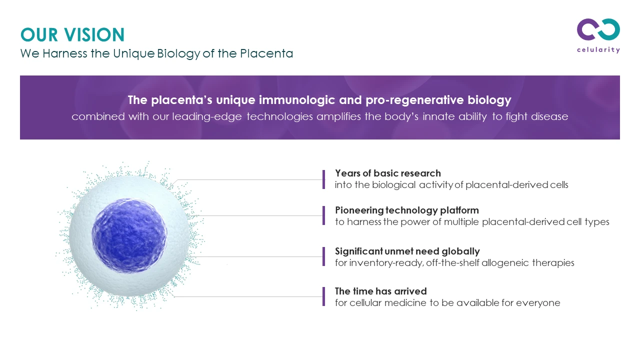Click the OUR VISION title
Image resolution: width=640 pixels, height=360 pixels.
(x=72, y=35)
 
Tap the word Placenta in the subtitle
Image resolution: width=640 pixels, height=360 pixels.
(x=266, y=53)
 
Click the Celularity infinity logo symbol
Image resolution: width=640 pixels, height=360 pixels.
(x=598, y=29)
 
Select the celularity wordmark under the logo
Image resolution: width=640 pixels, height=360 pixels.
(x=598, y=50)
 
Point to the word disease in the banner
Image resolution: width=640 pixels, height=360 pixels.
(x=549, y=116)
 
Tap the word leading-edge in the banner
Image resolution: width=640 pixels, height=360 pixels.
(x=207, y=117)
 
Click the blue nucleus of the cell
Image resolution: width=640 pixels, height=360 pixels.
(x=129, y=235)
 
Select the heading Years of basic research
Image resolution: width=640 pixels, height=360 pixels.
(x=388, y=173)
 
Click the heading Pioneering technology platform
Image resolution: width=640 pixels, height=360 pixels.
(x=407, y=210)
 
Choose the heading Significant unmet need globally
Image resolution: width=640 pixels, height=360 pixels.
(x=407, y=251)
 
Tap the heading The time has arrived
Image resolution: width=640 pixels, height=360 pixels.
(x=381, y=291)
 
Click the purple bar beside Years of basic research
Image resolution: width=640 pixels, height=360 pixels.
(x=323, y=179)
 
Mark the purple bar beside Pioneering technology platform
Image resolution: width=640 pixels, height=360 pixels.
(x=323, y=215)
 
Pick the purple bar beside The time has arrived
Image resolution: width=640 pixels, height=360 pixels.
(x=323, y=296)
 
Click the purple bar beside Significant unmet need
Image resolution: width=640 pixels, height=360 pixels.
(x=323, y=256)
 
